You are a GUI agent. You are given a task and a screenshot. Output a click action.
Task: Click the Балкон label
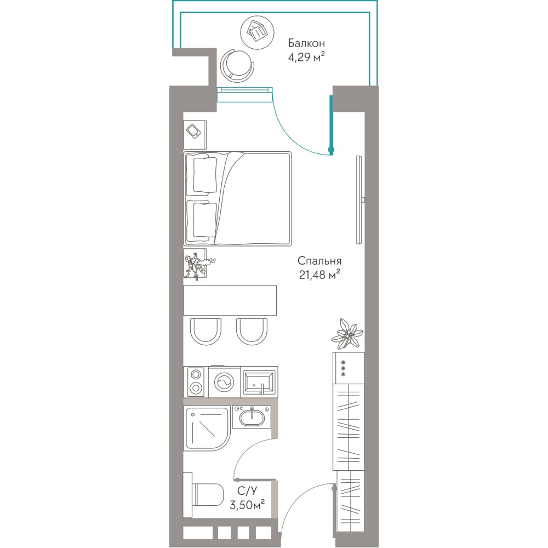tap(306, 43)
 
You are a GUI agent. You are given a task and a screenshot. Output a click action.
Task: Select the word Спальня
tap(319, 261)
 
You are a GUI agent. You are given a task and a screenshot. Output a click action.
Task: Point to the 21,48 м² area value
tap(319, 275)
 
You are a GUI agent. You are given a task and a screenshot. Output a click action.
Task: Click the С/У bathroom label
tap(247, 491)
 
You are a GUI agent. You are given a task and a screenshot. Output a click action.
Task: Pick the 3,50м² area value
tap(247, 505)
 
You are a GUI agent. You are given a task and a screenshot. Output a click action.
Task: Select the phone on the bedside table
tap(193, 132)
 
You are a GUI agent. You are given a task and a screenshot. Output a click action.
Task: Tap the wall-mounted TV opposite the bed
tap(359, 200)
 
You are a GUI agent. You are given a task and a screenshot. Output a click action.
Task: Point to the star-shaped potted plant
tap(347, 334)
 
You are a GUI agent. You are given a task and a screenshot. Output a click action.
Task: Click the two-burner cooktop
tap(196, 381)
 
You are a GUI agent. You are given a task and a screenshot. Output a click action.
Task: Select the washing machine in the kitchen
tap(224, 381)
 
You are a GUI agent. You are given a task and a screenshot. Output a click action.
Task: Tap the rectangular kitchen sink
tap(259, 381)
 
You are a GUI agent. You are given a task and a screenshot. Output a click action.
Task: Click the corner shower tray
tap(207, 429)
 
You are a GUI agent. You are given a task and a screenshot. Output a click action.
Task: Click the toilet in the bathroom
tap(208, 494)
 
